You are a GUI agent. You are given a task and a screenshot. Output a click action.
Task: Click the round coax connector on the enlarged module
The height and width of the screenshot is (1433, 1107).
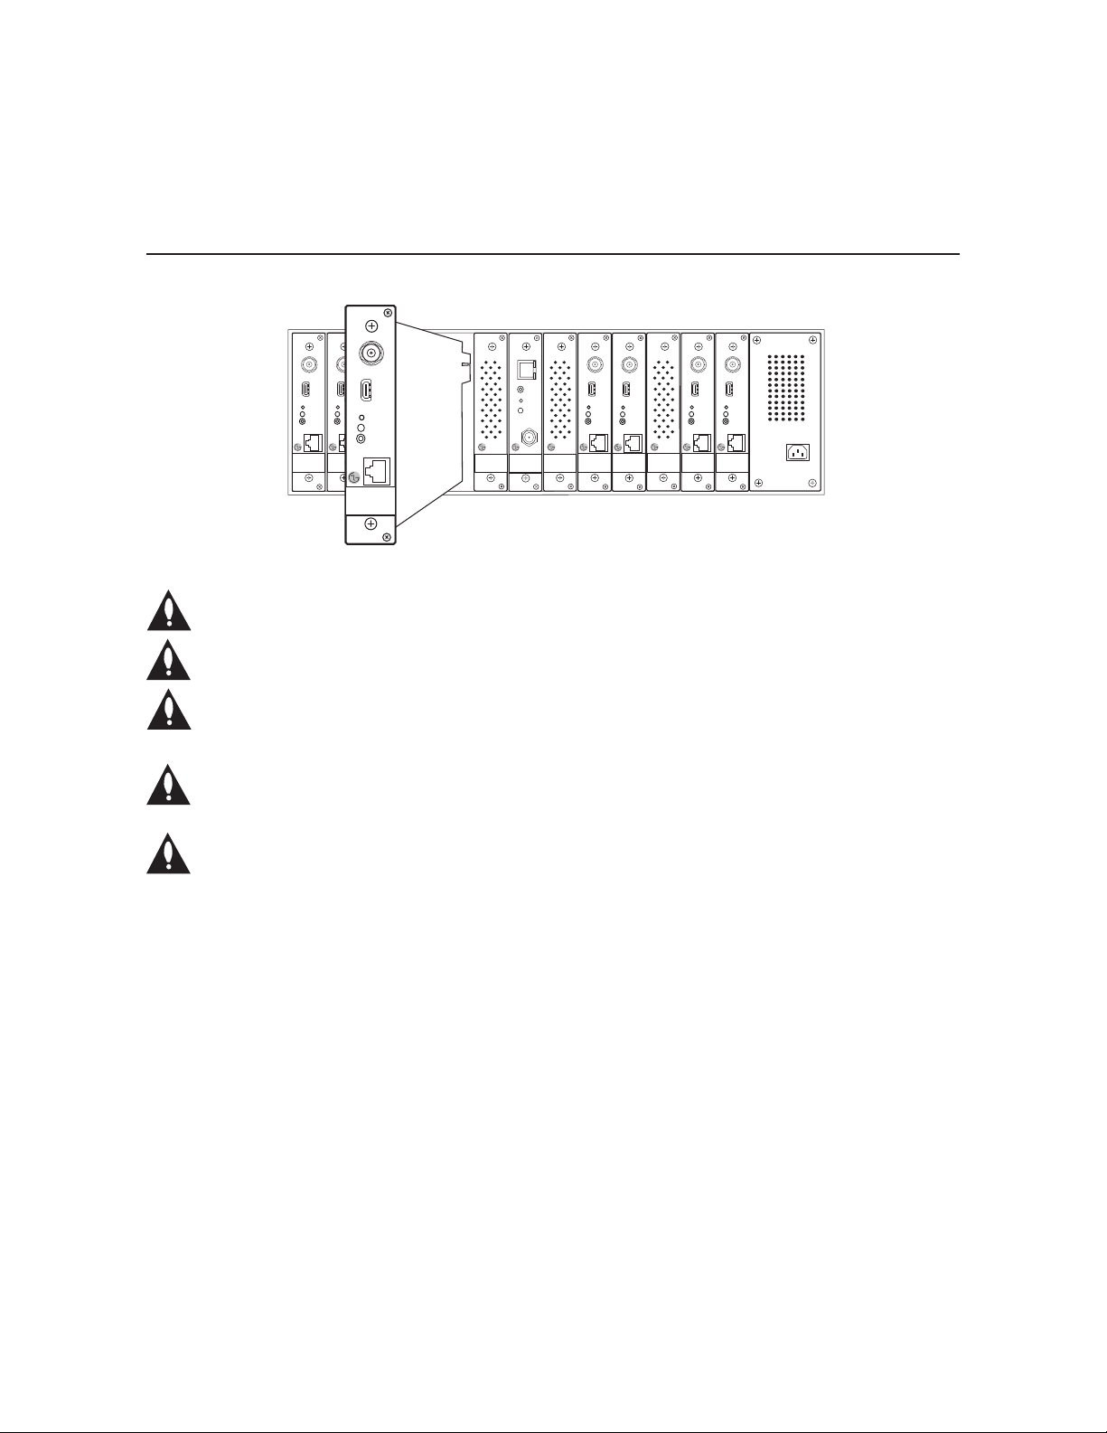(x=371, y=353)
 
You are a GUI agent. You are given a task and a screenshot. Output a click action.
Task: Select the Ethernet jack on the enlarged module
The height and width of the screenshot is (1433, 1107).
(x=376, y=470)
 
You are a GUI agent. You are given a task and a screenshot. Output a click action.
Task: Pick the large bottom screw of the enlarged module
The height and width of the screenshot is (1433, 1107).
(x=371, y=524)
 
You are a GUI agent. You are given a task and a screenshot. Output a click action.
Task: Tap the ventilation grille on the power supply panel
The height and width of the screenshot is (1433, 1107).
(x=785, y=388)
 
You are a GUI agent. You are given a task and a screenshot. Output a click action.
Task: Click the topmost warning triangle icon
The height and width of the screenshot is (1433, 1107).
(x=169, y=610)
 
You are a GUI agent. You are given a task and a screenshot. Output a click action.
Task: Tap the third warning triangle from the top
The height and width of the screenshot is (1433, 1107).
(x=169, y=710)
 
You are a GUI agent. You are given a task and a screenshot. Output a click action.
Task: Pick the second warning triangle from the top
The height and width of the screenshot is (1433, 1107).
(x=169, y=660)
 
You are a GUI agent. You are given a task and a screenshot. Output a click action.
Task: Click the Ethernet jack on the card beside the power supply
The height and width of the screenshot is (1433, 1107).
(x=736, y=444)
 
